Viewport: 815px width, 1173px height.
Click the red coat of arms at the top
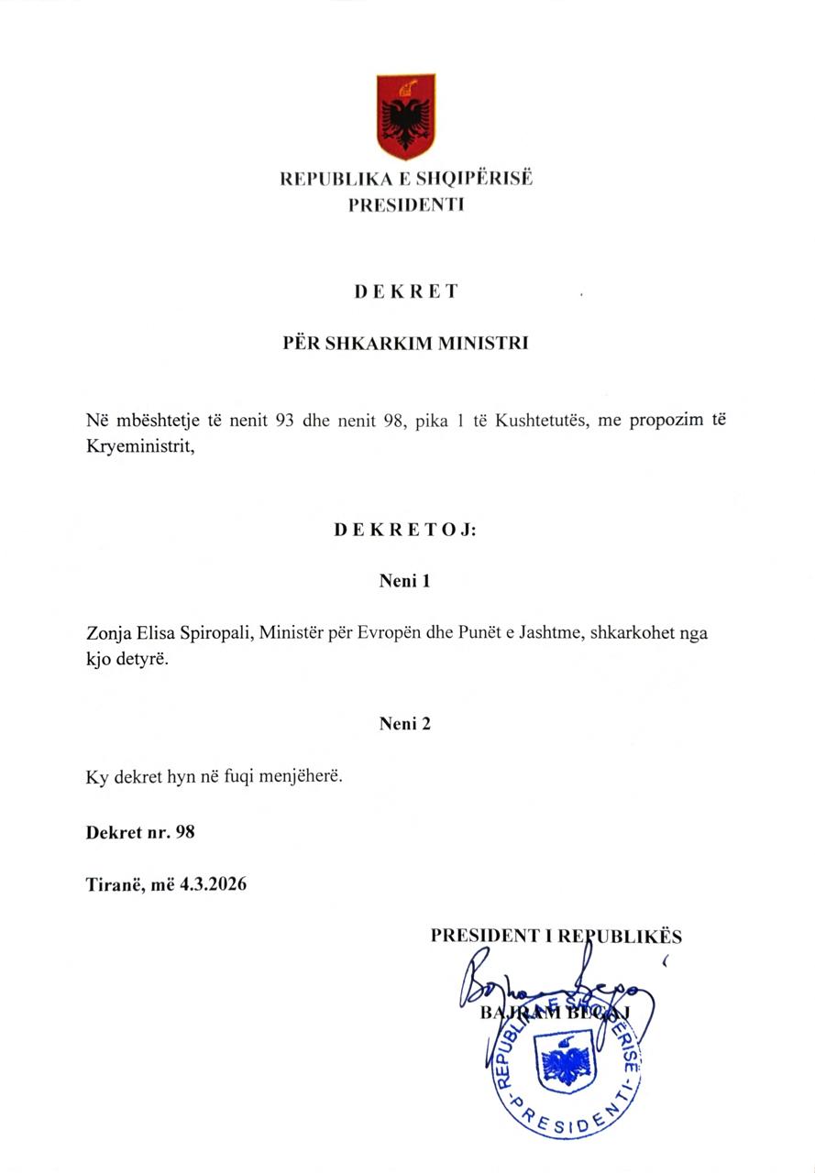pyautogui.click(x=405, y=117)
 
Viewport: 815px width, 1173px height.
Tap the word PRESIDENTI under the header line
pyautogui.click(x=406, y=205)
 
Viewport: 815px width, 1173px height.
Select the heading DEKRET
pyautogui.click(x=406, y=292)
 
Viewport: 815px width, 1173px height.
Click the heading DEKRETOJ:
pyautogui.click(x=405, y=530)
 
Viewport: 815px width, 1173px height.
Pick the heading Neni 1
pyautogui.click(x=405, y=581)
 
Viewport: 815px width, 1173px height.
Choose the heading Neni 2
pyautogui.click(x=405, y=724)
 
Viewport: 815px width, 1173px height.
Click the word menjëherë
pyautogui.click(x=303, y=776)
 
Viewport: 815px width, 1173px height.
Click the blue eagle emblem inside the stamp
pyautogui.click(x=566, y=1065)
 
